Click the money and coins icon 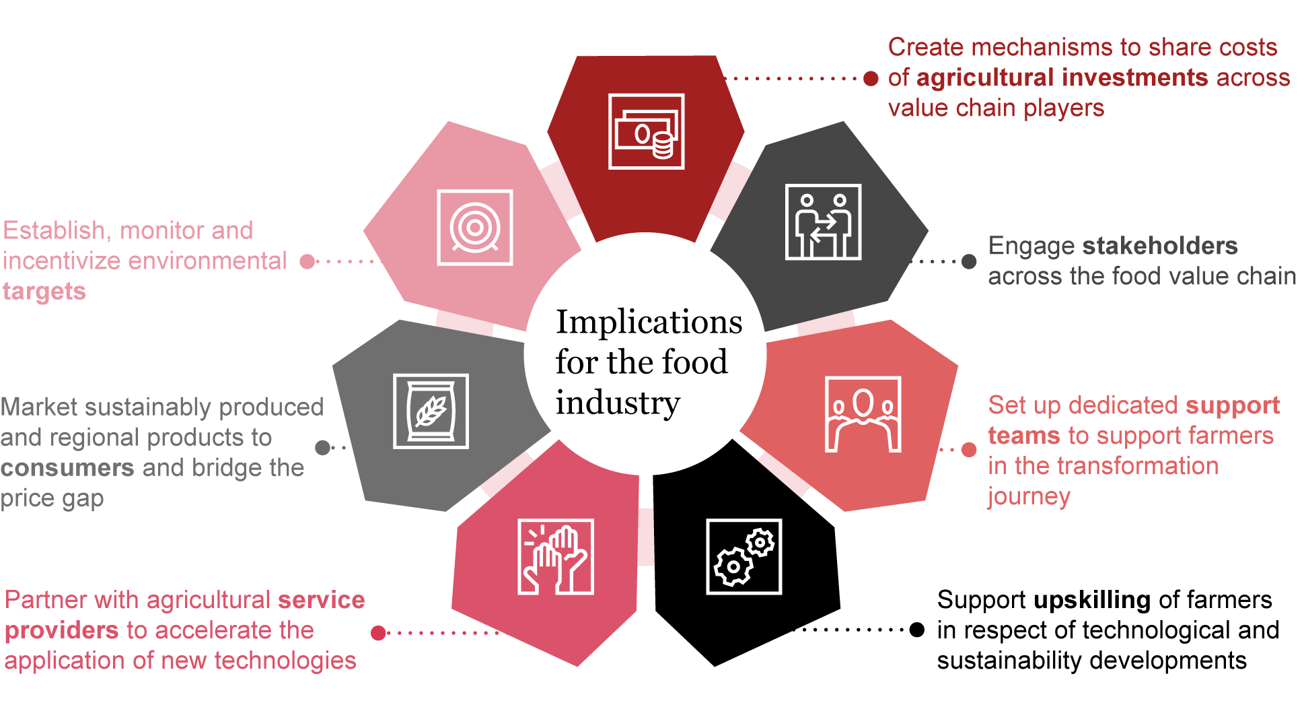646,131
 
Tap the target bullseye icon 475,228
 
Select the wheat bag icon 431,411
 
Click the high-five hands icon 556,557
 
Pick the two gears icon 744,557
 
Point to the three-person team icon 863,414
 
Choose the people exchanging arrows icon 823,222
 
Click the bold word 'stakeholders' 1160,246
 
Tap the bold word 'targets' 44,291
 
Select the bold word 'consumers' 67,467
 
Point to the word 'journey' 1029,496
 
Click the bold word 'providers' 62,630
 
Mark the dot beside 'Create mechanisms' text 871,79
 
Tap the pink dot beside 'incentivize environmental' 307,261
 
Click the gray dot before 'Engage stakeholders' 969,261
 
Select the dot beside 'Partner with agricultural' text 378,633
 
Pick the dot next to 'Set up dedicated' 969,449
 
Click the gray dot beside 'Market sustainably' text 323,447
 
